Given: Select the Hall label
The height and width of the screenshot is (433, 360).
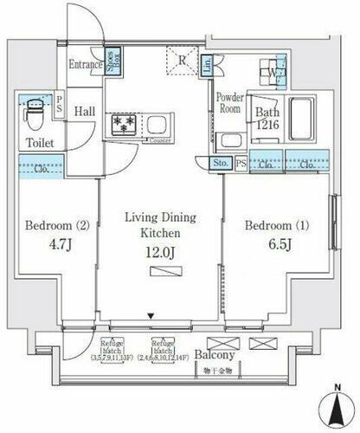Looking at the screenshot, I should point(85,112).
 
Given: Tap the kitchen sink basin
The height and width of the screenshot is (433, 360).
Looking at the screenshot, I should point(158,124).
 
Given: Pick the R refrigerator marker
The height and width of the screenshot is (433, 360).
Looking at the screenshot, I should point(182,59).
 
